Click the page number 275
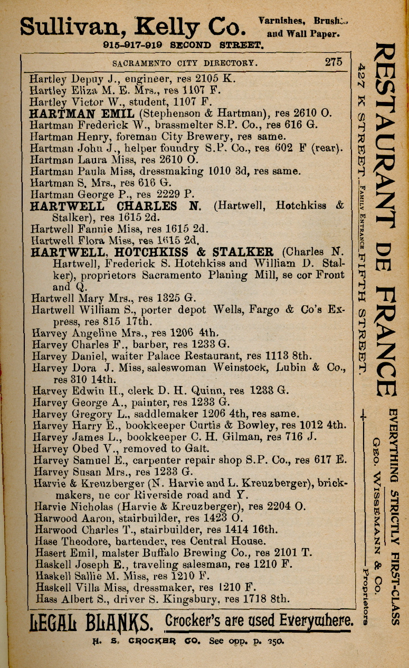point(334,62)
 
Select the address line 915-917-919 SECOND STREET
point(183,45)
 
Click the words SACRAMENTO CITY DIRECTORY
point(185,63)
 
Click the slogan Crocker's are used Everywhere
point(259,620)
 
